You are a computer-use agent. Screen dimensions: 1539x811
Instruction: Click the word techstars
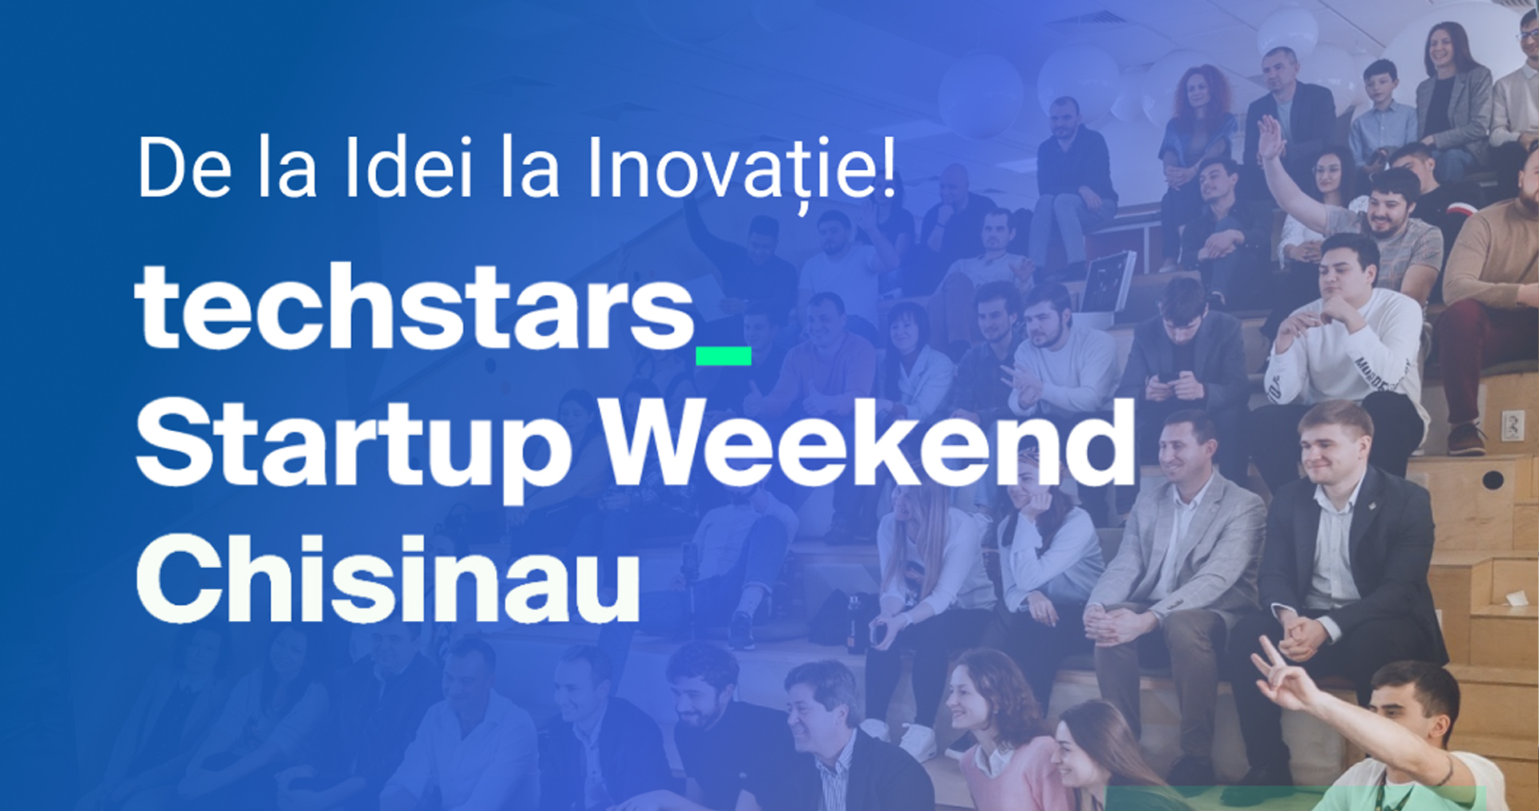point(414,307)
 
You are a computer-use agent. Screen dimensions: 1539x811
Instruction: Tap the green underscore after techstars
point(723,356)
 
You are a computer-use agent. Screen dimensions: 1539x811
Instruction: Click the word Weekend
point(869,441)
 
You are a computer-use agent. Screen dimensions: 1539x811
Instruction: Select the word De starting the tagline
point(184,167)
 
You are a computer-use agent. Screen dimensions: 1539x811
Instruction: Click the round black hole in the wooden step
point(1493,480)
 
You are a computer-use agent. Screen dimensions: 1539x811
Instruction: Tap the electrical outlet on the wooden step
point(1513,425)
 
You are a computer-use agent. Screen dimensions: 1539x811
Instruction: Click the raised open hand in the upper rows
point(1270,138)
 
